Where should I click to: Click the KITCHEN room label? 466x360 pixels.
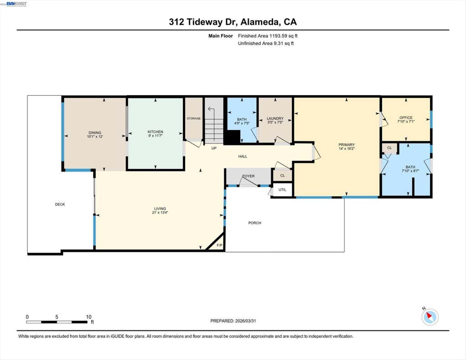(x=156, y=132)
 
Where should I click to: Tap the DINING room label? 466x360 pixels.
(x=95, y=132)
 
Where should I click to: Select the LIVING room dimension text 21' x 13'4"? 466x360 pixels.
(x=160, y=213)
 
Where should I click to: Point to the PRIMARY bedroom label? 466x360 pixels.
(x=346, y=145)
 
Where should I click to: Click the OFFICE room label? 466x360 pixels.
(x=406, y=118)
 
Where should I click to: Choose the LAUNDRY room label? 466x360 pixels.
(x=275, y=118)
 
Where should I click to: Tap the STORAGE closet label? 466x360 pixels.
(x=194, y=118)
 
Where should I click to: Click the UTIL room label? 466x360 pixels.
(x=282, y=190)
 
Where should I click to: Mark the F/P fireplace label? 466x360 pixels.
(x=219, y=245)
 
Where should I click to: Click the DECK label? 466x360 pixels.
(x=60, y=204)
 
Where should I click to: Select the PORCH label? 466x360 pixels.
(x=255, y=223)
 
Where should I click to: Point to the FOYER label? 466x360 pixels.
(x=248, y=176)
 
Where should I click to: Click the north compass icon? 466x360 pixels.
(x=430, y=317)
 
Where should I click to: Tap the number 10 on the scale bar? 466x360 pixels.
(x=89, y=317)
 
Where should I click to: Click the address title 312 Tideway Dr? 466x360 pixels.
(x=203, y=22)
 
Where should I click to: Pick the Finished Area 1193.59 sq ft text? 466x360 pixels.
(x=268, y=36)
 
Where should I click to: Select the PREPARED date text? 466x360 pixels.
(x=233, y=321)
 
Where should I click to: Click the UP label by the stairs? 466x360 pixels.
(x=214, y=148)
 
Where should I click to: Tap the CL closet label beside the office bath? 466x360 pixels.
(x=390, y=148)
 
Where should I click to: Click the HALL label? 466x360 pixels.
(x=243, y=157)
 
